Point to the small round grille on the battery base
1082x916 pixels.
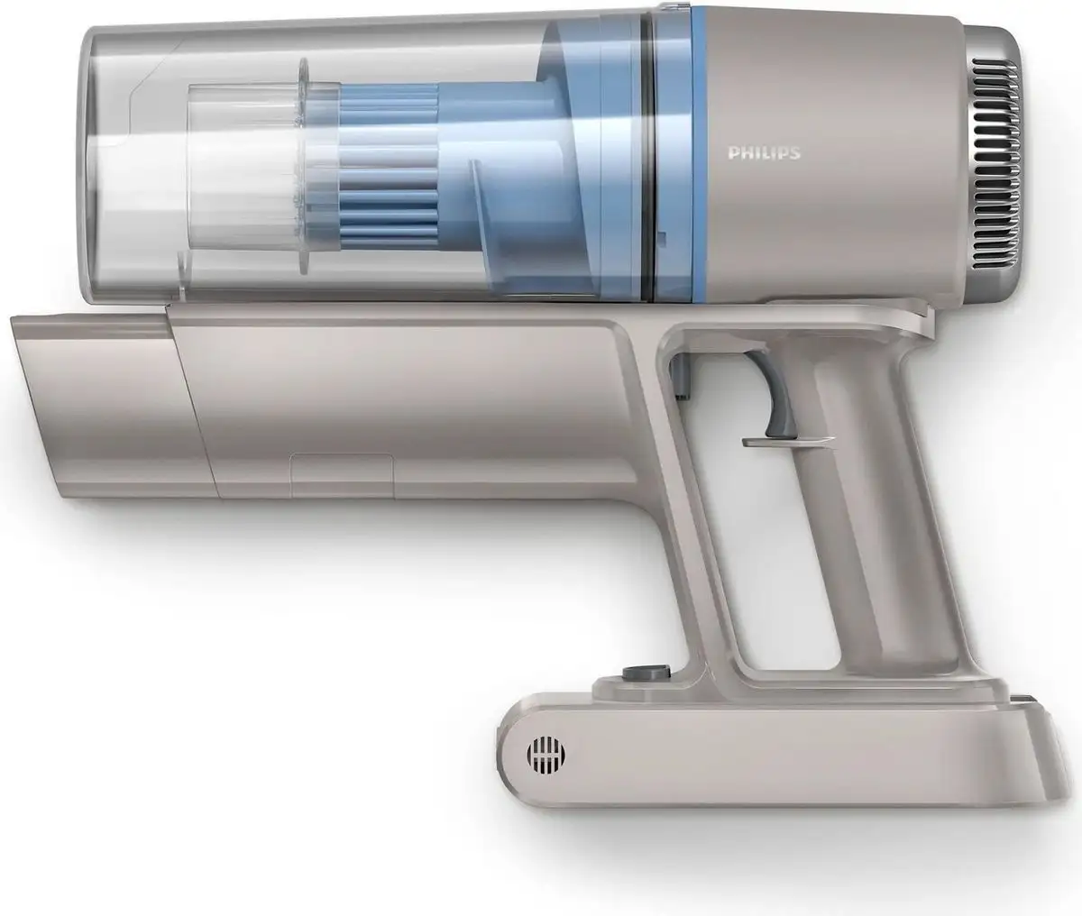tap(541, 754)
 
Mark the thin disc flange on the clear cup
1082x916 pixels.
tap(303, 185)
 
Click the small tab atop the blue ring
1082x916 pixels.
tap(672, 8)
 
